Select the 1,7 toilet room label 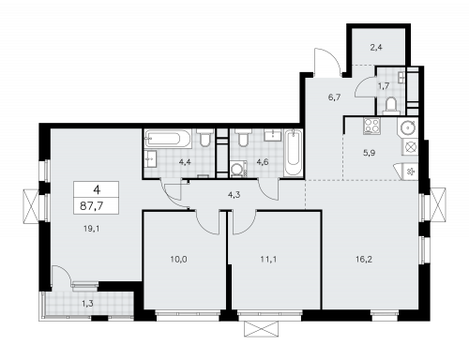coord(384,86)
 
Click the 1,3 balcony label coord(87,302)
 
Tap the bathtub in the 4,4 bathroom coord(170,139)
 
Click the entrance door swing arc coord(325,63)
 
